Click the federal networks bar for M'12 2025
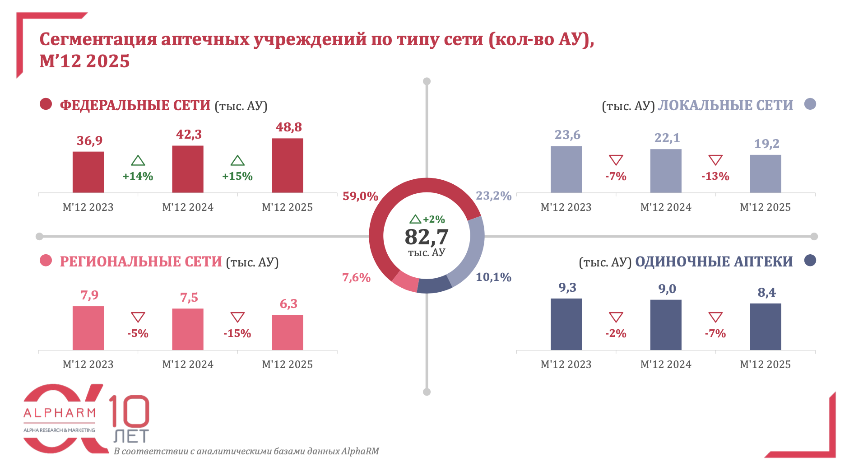(x=287, y=165)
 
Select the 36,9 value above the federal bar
(x=89, y=140)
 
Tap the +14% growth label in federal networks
(x=138, y=176)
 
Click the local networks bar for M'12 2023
(x=566, y=169)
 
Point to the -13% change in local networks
(x=715, y=176)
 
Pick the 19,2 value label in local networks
(x=766, y=144)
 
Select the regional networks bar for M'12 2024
(x=188, y=329)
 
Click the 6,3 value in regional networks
(x=288, y=304)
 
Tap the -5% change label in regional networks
(x=138, y=333)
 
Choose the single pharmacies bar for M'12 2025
(x=765, y=327)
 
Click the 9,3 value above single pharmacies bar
(x=567, y=287)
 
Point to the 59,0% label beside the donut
(x=360, y=196)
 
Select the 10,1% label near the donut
(x=493, y=277)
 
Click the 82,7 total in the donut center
(x=426, y=237)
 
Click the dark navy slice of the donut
(x=434, y=285)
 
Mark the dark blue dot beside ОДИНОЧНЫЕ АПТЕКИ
(x=810, y=261)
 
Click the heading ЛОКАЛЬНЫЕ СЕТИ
(x=725, y=105)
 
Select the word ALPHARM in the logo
(x=60, y=413)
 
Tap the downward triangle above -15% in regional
(x=237, y=317)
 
